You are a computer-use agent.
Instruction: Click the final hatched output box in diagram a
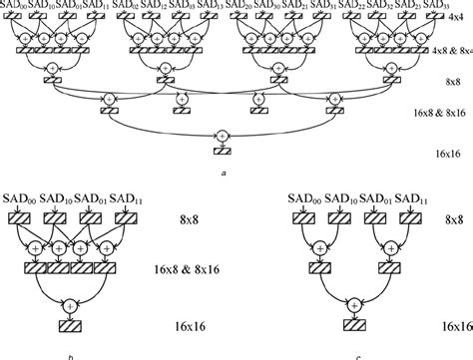pos(221,150)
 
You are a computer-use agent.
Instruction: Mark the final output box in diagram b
pos(70,326)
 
